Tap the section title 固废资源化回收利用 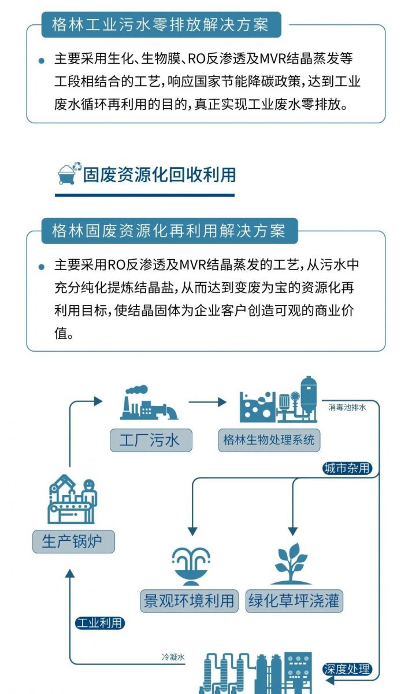pos(159,175)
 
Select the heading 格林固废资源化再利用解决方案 pos(169,231)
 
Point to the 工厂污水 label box pos(151,440)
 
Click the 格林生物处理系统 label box pos(269,440)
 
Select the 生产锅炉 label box pos(73,541)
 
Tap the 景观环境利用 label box pos(189,601)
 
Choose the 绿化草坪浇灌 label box pos(294,601)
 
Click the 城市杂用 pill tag pos(347,468)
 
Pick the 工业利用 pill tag pos(99,623)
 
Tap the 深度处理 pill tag pos(347,669)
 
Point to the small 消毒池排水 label pos(347,407)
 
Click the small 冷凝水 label pos(173,657)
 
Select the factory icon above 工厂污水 pos(149,403)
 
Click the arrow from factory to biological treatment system pos(207,402)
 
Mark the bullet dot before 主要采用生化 pos(42,61)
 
